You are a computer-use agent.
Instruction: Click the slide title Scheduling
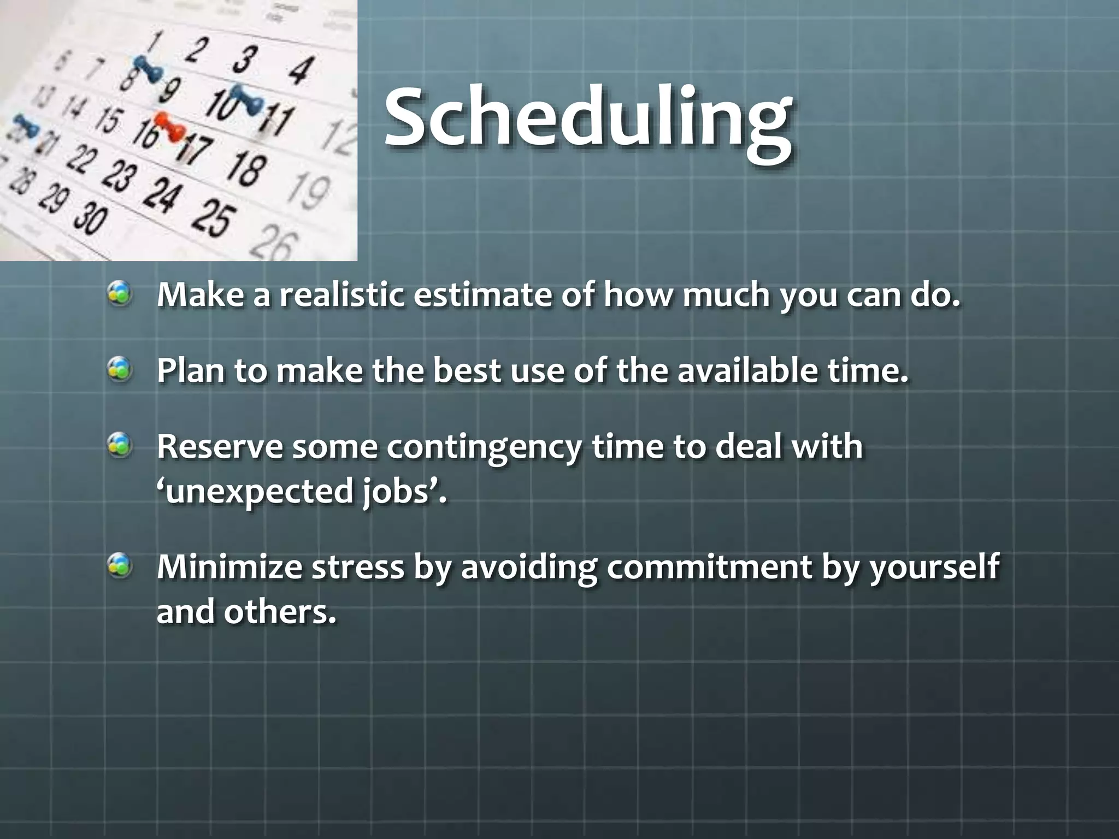point(587,117)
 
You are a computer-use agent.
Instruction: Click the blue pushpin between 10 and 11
point(246,98)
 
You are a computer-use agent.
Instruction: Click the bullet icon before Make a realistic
point(119,294)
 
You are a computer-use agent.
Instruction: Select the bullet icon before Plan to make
point(119,370)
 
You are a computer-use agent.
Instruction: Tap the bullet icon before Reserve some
point(119,446)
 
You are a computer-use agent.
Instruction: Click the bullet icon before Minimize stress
point(119,566)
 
